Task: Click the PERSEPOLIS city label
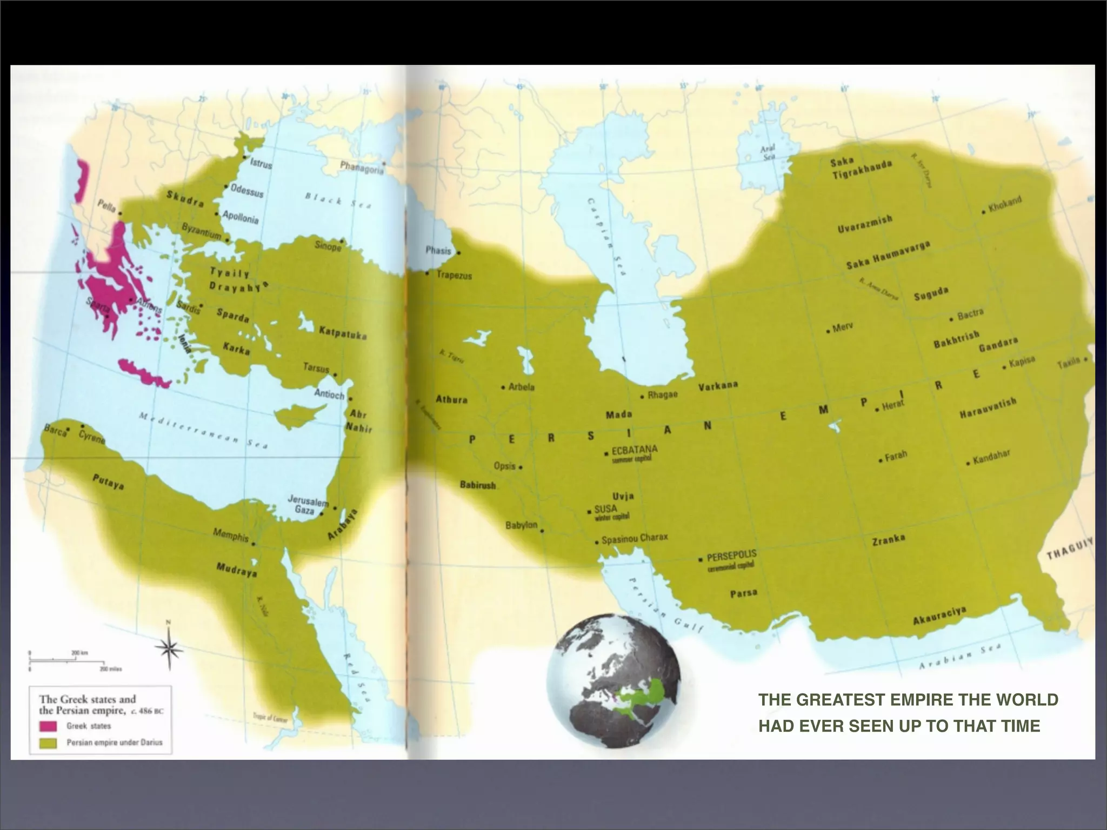pyautogui.click(x=731, y=555)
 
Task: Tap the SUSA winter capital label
pyautogui.click(x=605, y=509)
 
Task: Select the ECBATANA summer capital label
pyautogui.click(x=634, y=450)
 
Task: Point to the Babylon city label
pyautogui.click(x=521, y=525)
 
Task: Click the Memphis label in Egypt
pyautogui.click(x=230, y=535)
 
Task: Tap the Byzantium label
pyautogui.click(x=201, y=232)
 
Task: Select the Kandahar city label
pyautogui.click(x=991, y=459)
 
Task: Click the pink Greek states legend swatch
pyautogui.click(x=49, y=726)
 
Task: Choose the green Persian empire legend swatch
pyautogui.click(x=49, y=743)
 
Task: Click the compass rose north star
pyautogui.click(x=169, y=648)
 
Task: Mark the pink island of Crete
pyautogui.click(x=144, y=372)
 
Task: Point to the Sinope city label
pyautogui.click(x=328, y=246)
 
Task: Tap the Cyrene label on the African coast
pyautogui.click(x=92, y=437)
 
